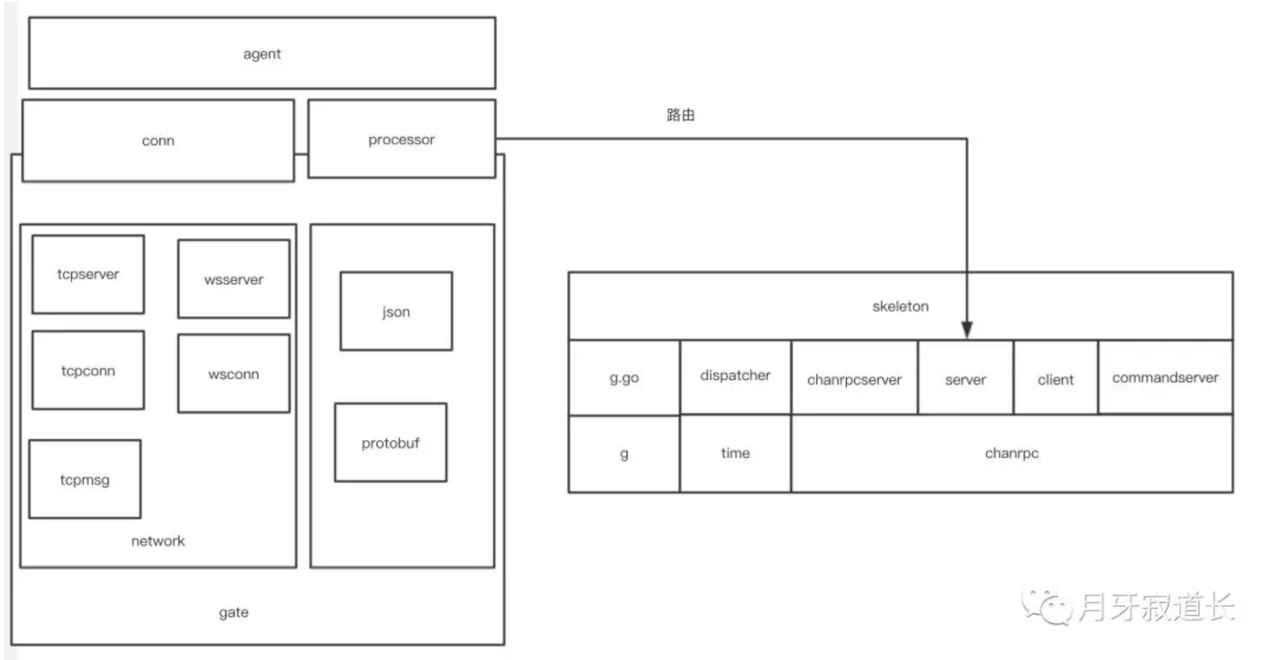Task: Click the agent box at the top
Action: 262,53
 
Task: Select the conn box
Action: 158,141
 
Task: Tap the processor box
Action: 401,139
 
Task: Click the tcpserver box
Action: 88,274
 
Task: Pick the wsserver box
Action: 234,279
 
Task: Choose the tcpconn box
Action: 88,370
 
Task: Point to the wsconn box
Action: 234,374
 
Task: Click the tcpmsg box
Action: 84,480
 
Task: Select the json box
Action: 396,312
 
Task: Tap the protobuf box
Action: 391,443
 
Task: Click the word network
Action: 158,541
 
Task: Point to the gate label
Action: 234,612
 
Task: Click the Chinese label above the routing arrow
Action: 680,115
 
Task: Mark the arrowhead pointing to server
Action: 967,329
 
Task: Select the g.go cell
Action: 624,378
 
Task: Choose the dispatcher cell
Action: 735,376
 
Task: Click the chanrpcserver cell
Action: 854,379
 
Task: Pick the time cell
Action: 735,453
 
